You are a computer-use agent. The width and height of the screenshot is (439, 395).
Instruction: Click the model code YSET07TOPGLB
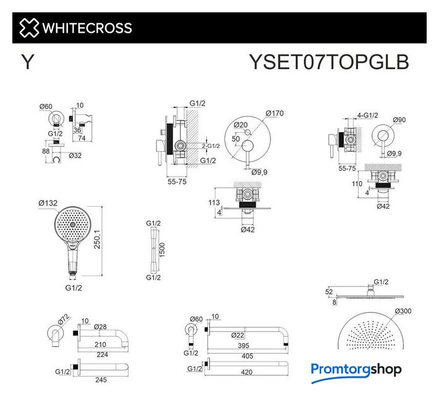pyautogui.click(x=329, y=62)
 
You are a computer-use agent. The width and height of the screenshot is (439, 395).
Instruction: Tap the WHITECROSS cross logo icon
pyautogui.click(x=29, y=28)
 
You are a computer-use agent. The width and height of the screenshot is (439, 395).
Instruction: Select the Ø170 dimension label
pyautogui.click(x=275, y=114)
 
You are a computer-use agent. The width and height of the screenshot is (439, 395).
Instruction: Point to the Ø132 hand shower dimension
pyautogui.click(x=48, y=203)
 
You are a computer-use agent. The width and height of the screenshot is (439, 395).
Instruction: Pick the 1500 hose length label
pyautogui.click(x=162, y=250)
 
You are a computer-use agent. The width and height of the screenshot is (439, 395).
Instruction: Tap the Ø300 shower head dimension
pyautogui.click(x=403, y=311)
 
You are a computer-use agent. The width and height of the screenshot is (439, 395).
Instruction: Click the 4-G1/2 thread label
pyautogui.click(x=367, y=115)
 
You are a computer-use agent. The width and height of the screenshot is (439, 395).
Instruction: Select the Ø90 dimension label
pyautogui.click(x=399, y=120)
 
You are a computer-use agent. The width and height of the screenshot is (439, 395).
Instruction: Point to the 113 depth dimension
pyautogui.click(x=214, y=202)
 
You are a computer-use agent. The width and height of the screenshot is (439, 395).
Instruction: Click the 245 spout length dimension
pyautogui.click(x=101, y=380)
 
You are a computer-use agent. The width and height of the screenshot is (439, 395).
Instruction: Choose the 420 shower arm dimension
pyautogui.click(x=246, y=372)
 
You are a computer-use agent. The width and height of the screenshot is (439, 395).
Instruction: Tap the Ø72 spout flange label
pyautogui.click(x=64, y=319)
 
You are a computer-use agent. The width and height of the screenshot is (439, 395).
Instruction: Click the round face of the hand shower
pyautogui.click(x=73, y=225)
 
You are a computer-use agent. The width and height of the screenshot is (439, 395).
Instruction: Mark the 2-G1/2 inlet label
pyautogui.click(x=211, y=146)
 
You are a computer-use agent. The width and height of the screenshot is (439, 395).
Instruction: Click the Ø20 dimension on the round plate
pyautogui.click(x=241, y=125)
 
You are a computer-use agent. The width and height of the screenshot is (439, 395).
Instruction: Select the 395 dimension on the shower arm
pyautogui.click(x=243, y=346)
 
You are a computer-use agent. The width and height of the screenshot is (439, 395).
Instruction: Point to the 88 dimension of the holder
pyautogui.click(x=46, y=151)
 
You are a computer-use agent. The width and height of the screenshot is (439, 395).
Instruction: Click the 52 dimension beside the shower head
pyautogui.click(x=329, y=292)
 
